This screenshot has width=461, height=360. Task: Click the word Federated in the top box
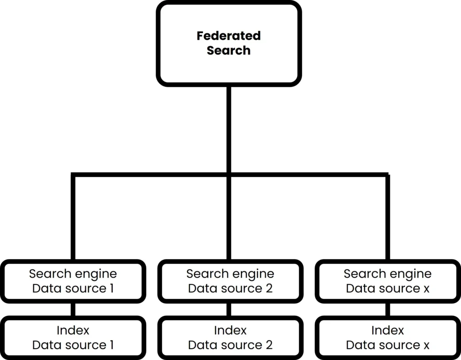click(x=228, y=36)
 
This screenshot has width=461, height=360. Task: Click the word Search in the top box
click(x=228, y=50)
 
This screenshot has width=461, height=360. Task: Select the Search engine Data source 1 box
click(x=72, y=281)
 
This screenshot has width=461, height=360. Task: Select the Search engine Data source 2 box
click(x=230, y=281)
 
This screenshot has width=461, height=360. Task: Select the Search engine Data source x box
click(x=387, y=281)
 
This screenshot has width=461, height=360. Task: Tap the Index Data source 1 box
click(x=72, y=337)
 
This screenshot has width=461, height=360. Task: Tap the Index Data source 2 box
click(x=230, y=337)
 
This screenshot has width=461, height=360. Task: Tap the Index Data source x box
click(x=387, y=337)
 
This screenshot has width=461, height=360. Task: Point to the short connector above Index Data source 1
click(x=72, y=310)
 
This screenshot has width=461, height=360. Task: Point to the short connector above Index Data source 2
click(x=229, y=310)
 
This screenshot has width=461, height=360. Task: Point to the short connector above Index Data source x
click(x=388, y=310)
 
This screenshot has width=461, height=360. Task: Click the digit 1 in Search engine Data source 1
click(x=111, y=288)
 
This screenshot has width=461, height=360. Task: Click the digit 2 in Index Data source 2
click(x=269, y=345)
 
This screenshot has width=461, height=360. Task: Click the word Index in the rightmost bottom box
click(x=387, y=330)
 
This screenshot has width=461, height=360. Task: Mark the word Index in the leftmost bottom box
click(x=72, y=330)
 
